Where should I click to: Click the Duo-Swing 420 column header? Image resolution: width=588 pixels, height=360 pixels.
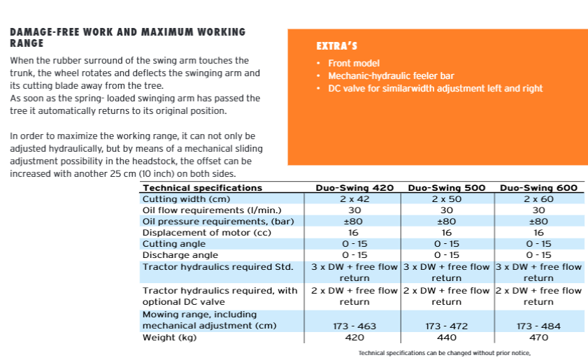pyautogui.click(x=354, y=187)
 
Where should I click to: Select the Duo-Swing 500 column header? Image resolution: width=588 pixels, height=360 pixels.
pyautogui.click(x=446, y=187)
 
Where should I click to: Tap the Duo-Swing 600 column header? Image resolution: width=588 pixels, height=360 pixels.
pyautogui.click(x=538, y=187)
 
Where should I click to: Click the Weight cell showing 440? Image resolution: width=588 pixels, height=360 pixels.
pyautogui.click(x=446, y=338)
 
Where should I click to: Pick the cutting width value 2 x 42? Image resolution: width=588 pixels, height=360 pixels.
pyautogui.click(x=354, y=199)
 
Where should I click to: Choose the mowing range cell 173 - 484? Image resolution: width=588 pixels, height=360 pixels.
pyautogui.click(x=538, y=326)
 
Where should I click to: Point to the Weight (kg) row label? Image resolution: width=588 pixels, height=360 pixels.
pyautogui.click(x=169, y=338)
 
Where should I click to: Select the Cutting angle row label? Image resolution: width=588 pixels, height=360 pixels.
pyautogui.click(x=174, y=244)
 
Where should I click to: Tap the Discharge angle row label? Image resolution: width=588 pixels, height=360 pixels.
pyautogui.click(x=180, y=255)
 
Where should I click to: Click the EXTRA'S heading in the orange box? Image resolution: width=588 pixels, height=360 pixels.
pyautogui.click(x=337, y=47)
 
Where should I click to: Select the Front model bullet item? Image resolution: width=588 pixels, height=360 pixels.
pyautogui.click(x=354, y=64)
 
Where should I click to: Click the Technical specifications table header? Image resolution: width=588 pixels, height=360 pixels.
pyautogui.click(x=202, y=187)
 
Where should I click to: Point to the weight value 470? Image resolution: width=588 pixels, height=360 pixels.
pyautogui.click(x=538, y=338)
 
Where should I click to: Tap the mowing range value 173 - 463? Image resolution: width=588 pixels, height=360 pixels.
pyautogui.click(x=354, y=326)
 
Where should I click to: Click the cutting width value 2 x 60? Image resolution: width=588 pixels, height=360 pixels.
pyautogui.click(x=538, y=199)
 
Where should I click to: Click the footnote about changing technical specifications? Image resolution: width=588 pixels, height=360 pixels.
pyautogui.click(x=445, y=353)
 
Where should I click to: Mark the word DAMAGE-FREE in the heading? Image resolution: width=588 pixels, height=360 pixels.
pyautogui.click(x=38, y=32)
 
